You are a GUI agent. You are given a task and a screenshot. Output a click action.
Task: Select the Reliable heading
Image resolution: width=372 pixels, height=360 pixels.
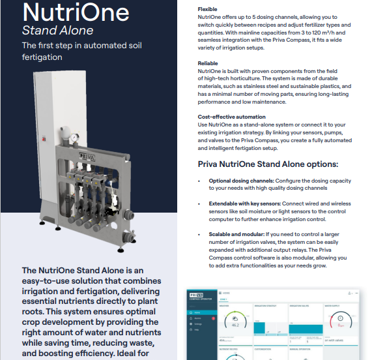pyautogui.click(x=208, y=62)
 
